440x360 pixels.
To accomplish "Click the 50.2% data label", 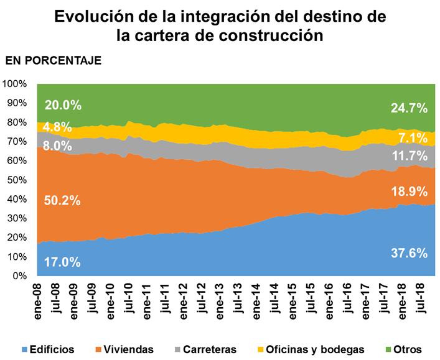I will (62, 200).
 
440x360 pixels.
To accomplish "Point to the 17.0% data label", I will (62, 262).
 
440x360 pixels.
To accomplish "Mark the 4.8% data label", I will (59, 127).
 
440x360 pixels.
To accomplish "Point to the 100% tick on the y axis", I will (16, 84).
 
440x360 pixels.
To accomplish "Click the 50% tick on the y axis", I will (18, 180).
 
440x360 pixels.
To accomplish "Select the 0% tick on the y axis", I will (21, 275).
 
